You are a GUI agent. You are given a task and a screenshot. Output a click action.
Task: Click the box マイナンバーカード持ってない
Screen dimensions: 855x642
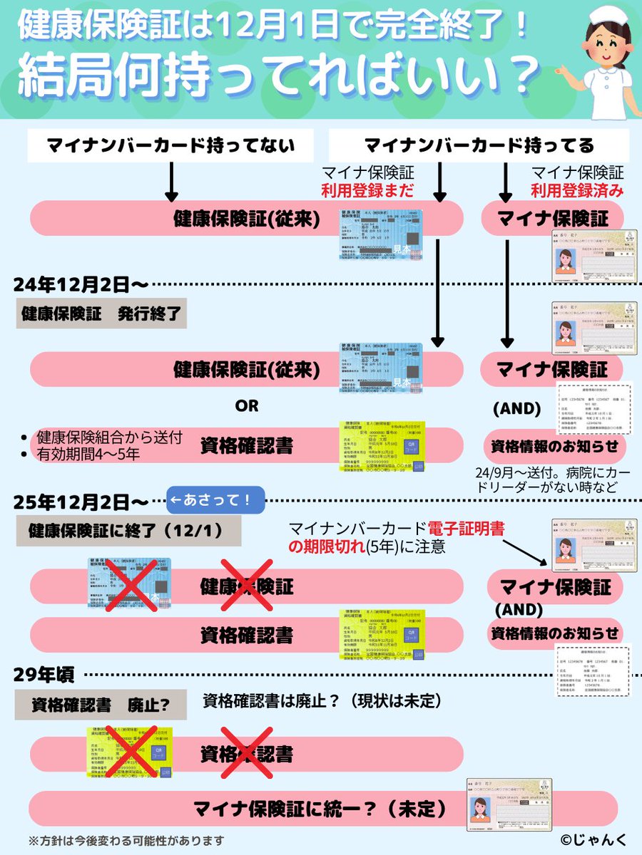pos(170,146)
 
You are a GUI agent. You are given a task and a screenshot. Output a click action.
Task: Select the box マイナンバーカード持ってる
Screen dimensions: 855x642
pos(479,146)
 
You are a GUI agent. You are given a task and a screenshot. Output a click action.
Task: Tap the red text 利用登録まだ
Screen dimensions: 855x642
pos(368,190)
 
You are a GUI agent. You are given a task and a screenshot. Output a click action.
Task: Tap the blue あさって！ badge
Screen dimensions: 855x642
pos(215,500)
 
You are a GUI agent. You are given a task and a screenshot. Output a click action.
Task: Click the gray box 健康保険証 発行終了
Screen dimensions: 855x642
pos(101,313)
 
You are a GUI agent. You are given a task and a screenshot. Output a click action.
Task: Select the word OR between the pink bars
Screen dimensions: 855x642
pos(247,406)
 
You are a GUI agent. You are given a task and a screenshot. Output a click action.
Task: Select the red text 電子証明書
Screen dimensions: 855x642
pos(467,529)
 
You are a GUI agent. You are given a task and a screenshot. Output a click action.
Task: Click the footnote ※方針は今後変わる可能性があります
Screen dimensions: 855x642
pos(126,840)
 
